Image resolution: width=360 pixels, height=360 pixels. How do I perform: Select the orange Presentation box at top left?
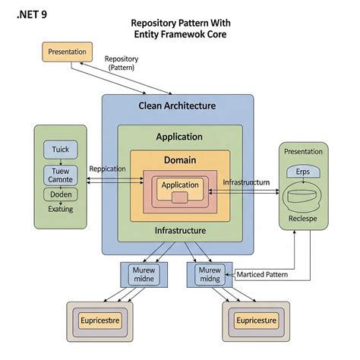coord(66,52)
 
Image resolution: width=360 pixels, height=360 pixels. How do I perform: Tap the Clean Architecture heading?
coord(177,106)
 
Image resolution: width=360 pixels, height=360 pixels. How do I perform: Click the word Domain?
coord(179,160)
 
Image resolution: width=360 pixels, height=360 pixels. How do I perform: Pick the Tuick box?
coord(60,150)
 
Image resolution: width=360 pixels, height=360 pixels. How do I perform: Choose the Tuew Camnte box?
coord(60,175)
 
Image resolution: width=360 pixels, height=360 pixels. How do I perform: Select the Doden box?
coord(60,194)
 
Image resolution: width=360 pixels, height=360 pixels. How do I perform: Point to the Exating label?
coord(60,209)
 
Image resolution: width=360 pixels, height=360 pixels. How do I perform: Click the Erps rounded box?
coord(302,172)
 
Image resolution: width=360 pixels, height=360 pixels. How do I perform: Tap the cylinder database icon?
coord(303,197)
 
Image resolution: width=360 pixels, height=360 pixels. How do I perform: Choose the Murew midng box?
coord(209,275)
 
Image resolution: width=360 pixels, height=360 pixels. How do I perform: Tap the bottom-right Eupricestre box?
coord(255,321)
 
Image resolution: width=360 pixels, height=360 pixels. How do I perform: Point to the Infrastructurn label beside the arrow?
coord(246,183)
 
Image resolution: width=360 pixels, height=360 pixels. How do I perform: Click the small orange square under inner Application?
coord(179,197)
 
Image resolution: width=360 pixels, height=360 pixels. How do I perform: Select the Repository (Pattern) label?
coord(122,63)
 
